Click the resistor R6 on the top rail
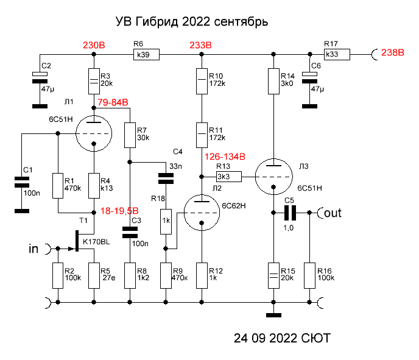coord(146,55)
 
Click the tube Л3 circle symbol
coord(273,177)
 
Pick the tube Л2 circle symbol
coord(201,213)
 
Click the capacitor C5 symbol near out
coord(290,213)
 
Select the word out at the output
coord(333,213)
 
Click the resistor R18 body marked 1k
coord(165,222)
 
